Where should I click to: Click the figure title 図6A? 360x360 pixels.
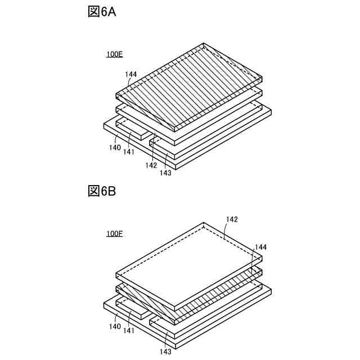pyautogui.click(x=102, y=12)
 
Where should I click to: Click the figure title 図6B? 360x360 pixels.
pyautogui.click(x=102, y=192)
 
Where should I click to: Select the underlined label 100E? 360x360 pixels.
pyautogui.click(x=115, y=55)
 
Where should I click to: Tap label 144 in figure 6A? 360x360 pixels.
pyautogui.click(x=131, y=74)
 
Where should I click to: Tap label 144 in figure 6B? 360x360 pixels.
pyautogui.click(x=260, y=247)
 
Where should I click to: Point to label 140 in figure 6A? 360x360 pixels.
pyautogui.click(x=115, y=147)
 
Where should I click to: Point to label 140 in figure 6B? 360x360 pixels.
pyautogui.click(x=115, y=326)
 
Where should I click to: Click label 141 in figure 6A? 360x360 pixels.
pyautogui.click(x=129, y=151)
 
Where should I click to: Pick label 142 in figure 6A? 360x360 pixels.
pyautogui.click(x=151, y=165)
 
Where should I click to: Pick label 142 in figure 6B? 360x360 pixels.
pyautogui.click(x=232, y=220)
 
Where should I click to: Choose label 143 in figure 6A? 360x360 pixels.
pyautogui.click(x=165, y=173)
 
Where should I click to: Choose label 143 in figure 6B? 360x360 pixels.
pyautogui.click(x=165, y=352)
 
